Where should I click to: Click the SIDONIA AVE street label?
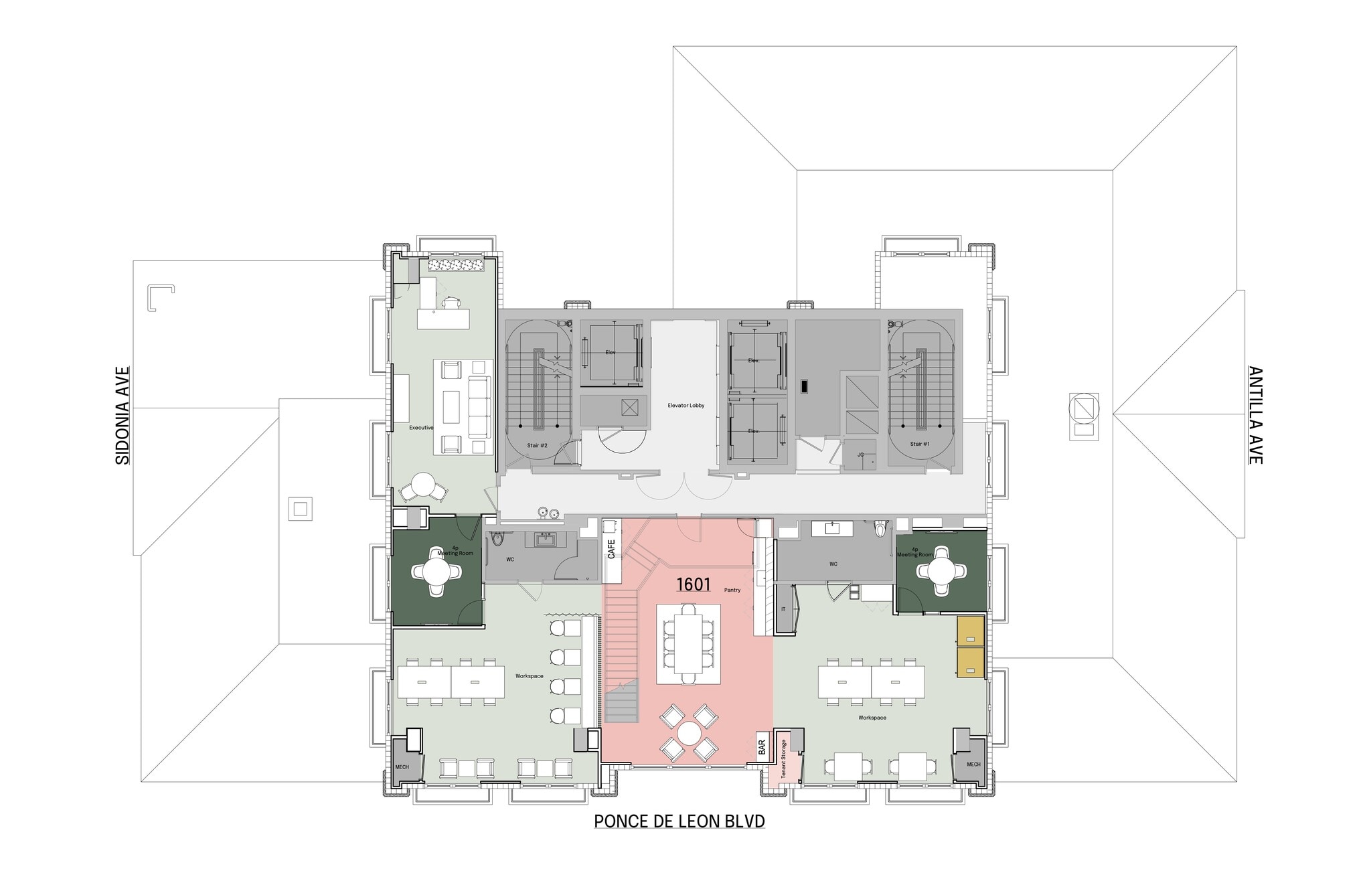123,415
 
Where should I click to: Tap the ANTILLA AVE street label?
1255,415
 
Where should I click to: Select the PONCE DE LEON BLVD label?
679,821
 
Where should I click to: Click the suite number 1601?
693,584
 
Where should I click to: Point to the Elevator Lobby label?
685,406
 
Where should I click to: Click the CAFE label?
611,549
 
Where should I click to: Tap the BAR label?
762,747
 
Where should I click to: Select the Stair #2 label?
537,445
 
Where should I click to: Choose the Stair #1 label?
919,444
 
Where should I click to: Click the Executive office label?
421,428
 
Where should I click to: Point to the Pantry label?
732,590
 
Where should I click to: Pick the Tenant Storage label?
783,758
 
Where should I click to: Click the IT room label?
783,609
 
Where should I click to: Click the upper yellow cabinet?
970,631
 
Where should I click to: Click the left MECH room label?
402,767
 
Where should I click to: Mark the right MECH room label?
973,764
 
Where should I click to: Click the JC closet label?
861,455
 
